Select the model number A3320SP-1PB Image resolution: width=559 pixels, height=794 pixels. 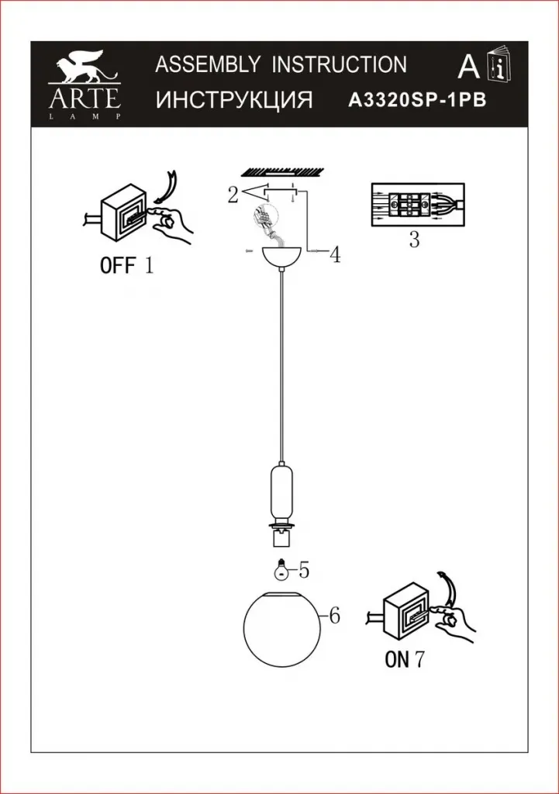pos(419,100)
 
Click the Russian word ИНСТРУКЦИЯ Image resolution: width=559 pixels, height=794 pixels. pos(234,100)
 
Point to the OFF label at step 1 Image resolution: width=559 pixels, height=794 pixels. pos(117,267)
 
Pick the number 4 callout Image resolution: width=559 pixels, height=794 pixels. pos(335,255)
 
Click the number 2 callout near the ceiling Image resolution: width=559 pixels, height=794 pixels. pos(233,195)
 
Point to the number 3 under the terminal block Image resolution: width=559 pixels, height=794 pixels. pos(414,240)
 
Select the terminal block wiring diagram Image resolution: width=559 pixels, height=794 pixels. pos(416,205)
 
